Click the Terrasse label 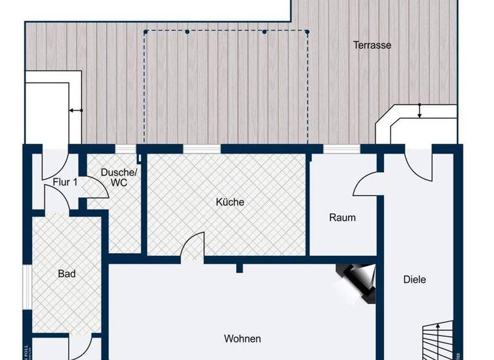(x=372, y=45)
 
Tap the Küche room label (x=230, y=202)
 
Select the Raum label (x=342, y=217)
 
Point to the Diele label (x=414, y=279)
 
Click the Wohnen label (x=242, y=339)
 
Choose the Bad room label (x=67, y=274)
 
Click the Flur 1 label (x=65, y=182)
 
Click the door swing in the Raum (x=364, y=184)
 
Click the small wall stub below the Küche (x=239, y=266)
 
